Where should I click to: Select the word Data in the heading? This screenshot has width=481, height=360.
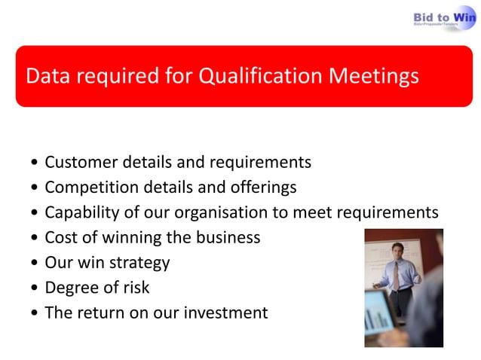pyautogui.click(x=47, y=76)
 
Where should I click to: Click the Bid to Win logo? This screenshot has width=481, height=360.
pyautogui.click(x=444, y=18)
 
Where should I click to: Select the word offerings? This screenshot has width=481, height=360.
pyautogui.click(x=259, y=187)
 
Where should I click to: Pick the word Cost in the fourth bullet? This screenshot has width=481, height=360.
pyautogui.click(x=61, y=237)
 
